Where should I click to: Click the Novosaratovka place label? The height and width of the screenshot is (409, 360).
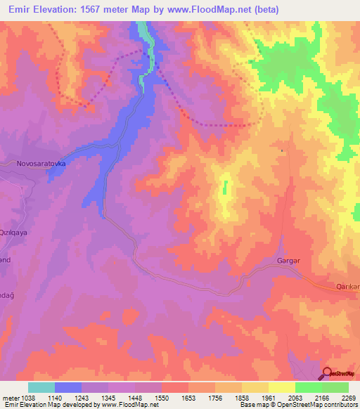point(41,163)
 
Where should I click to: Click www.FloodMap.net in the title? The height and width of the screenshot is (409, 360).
point(216,10)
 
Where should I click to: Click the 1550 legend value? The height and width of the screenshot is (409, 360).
point(161,397)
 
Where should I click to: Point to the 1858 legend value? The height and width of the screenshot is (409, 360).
point(242,397)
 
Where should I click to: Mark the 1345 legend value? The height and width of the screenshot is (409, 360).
point(108,397)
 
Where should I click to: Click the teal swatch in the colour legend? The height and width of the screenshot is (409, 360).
point(41,387)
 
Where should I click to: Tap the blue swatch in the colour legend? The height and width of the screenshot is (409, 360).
point(68,387)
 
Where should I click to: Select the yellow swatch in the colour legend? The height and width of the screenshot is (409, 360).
point(282,387)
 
